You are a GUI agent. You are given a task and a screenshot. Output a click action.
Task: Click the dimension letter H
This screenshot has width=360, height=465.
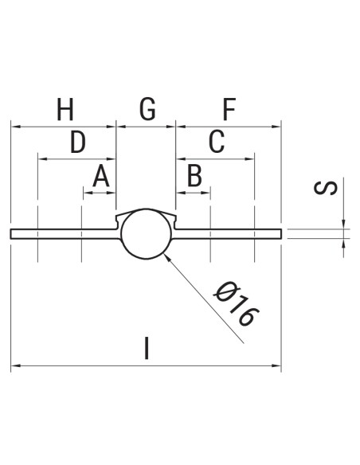click(x=66, y=109)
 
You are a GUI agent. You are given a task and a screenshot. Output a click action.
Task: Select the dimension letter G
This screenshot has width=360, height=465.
click(x=147, y=109)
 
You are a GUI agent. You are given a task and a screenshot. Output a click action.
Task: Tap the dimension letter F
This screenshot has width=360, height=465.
click(x=229, y=109)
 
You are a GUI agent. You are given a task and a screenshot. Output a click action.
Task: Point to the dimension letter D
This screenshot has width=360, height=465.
click(x=77, y=143)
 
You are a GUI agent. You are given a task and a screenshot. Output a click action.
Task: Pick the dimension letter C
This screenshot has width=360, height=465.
click(x=216, y=143)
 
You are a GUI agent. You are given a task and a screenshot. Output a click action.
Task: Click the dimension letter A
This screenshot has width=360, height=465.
click(x=100, y=177)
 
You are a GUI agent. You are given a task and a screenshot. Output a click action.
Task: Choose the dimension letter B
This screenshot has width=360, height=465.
click(x=194, y=177)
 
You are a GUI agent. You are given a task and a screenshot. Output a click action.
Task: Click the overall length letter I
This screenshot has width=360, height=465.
click(x=146, y=348)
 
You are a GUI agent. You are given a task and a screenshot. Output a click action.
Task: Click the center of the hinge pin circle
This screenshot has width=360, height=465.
click(x=146, y=233)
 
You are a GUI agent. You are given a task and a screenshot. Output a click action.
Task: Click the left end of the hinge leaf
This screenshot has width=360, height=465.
click(x=12, y=233)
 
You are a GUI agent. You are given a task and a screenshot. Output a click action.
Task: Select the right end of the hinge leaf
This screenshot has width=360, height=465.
click(x=281, y=233)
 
